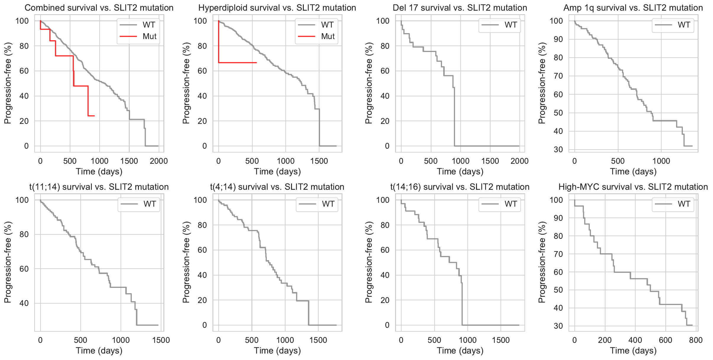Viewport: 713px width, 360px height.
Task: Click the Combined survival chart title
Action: (x=99, y=8)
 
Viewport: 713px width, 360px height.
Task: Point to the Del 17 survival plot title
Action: (x=460, y=8)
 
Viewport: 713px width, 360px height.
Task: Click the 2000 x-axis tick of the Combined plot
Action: (x=159, y=161)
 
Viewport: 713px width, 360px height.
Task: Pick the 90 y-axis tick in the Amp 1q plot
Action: (x=558, y=39)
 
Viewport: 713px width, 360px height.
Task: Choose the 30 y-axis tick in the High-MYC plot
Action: (x=558, y=326)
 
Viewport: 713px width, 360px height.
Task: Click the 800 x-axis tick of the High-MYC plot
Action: (x=696, y=340)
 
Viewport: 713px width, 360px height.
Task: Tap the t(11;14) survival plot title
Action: (x=99, y=187)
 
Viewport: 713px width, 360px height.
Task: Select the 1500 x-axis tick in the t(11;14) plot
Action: (x=161, y=340)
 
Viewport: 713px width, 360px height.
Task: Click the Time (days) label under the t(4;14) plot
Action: (x=277, y=351)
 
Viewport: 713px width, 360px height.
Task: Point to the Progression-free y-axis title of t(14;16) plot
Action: (x=368, y=262)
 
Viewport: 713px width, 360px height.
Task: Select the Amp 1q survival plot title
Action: (x=633, y=8)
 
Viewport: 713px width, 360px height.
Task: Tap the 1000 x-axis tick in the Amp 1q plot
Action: (x=661, y=161)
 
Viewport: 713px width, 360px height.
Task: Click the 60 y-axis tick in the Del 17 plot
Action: (x=385, y=71)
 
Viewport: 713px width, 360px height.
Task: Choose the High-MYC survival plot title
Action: (x=633, y=187)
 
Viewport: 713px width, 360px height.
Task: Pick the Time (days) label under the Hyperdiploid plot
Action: (x=277, y=171)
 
